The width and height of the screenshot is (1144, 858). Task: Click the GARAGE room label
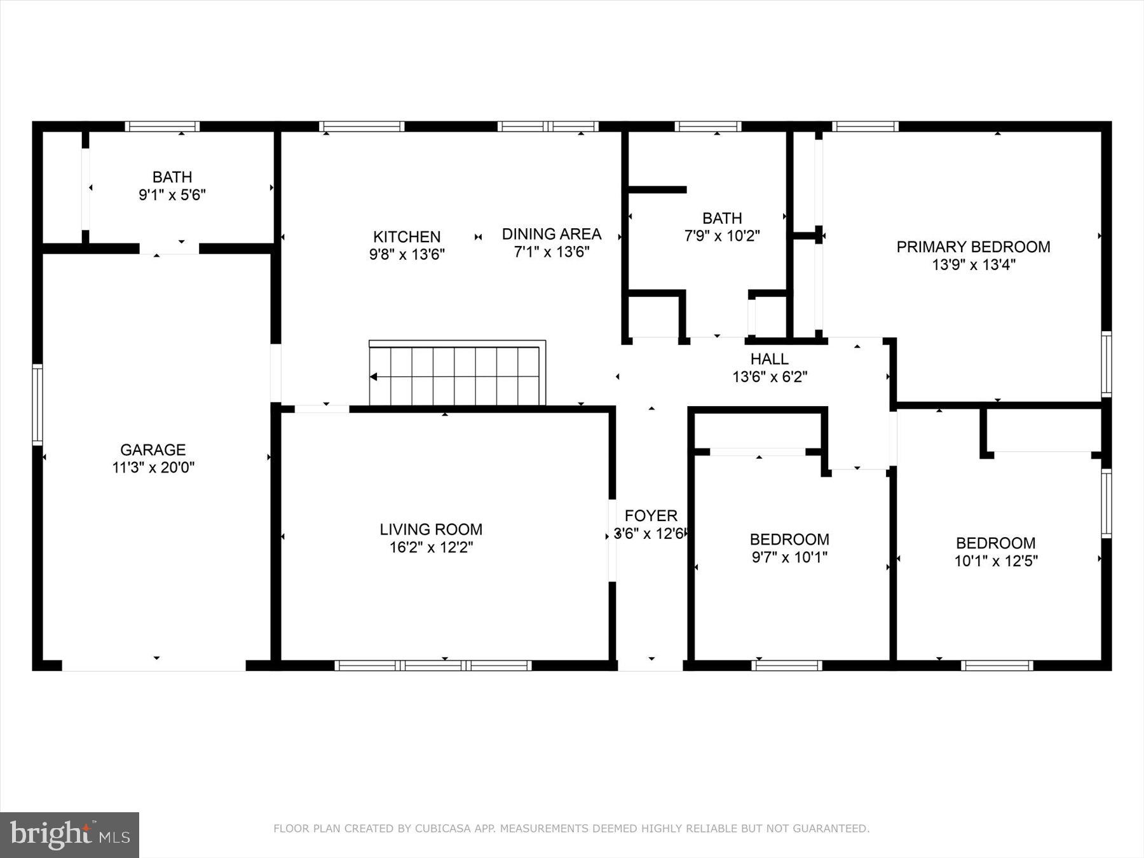153,450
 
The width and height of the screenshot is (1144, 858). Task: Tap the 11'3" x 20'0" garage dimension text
153,468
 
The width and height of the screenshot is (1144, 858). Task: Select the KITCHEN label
407,237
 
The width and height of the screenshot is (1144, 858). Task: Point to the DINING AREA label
551,234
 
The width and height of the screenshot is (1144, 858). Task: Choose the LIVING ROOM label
431,529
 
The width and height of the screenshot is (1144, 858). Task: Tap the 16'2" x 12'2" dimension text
431,547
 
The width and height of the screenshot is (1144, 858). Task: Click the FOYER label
651,515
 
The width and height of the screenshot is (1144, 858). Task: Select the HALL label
769,359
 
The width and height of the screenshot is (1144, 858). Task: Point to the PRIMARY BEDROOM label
973,247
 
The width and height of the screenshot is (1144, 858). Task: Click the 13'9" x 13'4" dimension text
973,264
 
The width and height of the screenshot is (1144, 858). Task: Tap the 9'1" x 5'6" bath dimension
172,195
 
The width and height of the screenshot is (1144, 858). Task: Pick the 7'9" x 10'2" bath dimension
722,236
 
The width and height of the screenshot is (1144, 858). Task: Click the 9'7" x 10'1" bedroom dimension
789,557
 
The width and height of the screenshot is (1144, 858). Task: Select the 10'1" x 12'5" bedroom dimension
995,561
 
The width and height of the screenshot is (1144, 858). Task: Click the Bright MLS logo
69,834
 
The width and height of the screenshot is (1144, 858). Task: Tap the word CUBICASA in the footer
439,829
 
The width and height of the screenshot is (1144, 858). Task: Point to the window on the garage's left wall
37,405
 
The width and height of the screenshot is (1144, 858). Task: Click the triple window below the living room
433,665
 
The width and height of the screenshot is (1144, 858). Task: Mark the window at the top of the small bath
162,126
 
